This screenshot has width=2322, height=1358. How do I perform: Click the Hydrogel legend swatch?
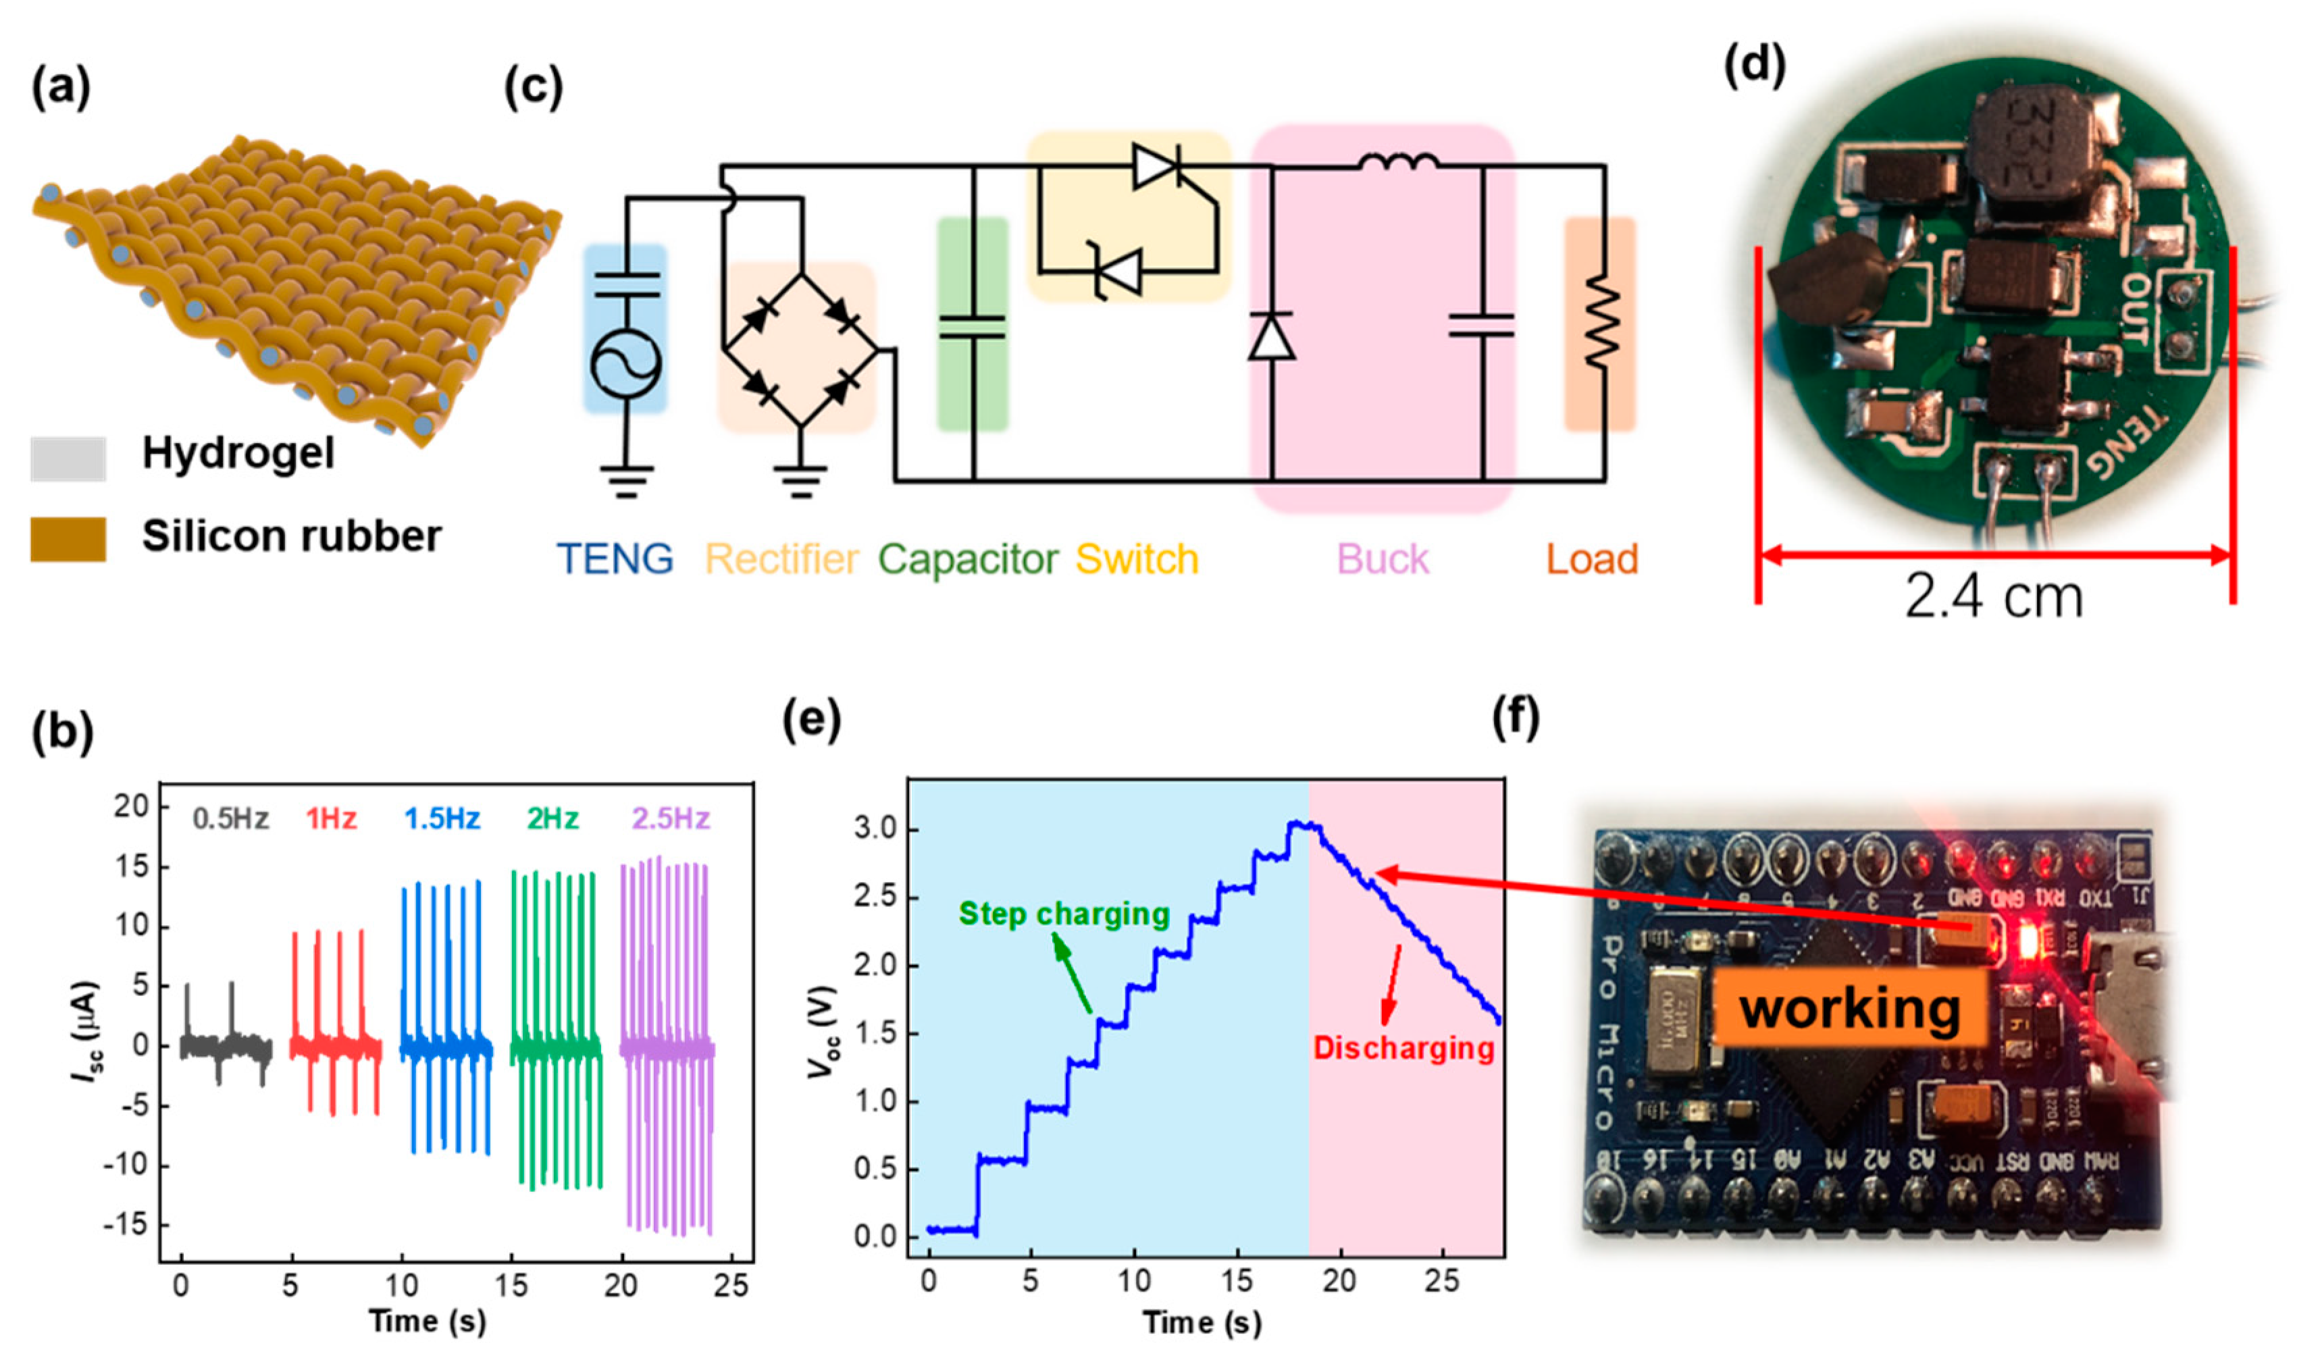(x=68, y=458)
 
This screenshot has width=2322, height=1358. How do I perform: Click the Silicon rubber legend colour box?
(x=68, y=538)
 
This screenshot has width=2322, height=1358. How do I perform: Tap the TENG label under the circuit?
(x=615, y=559)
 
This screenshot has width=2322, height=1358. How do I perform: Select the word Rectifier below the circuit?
(x=781, y=559)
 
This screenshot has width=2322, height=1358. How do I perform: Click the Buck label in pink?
(x=1382, y=559)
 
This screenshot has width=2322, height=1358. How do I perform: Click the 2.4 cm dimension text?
(x=1993, y=597)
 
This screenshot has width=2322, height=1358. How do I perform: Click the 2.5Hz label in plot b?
(x=670, y=818)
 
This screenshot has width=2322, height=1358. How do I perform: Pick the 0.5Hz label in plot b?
(x=230, y=818)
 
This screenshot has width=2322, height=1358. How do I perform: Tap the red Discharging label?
(x=1402, y=1049)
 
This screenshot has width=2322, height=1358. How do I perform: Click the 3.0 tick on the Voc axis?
(x=875, y=829)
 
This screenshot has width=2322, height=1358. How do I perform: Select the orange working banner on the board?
(x=1849, y=1008)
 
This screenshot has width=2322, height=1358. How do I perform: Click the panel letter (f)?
(x=1516, y=718)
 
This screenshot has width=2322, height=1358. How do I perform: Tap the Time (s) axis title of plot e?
(x=1202, y=1322)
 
